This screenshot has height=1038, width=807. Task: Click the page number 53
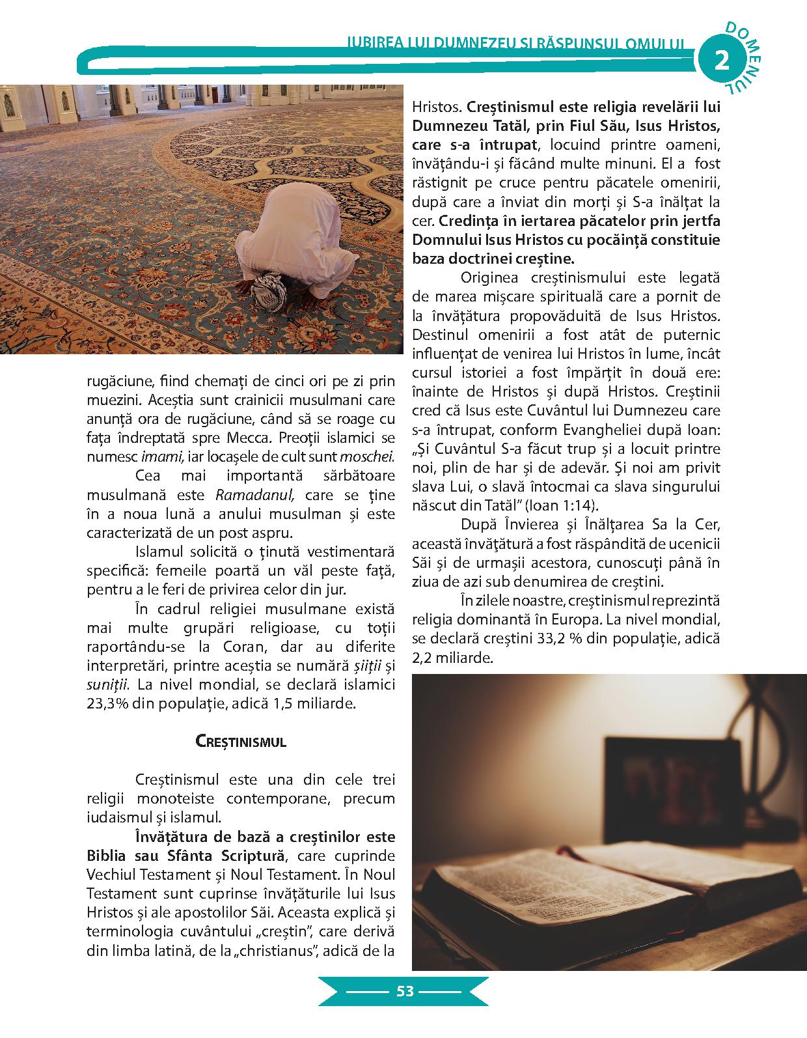404,991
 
